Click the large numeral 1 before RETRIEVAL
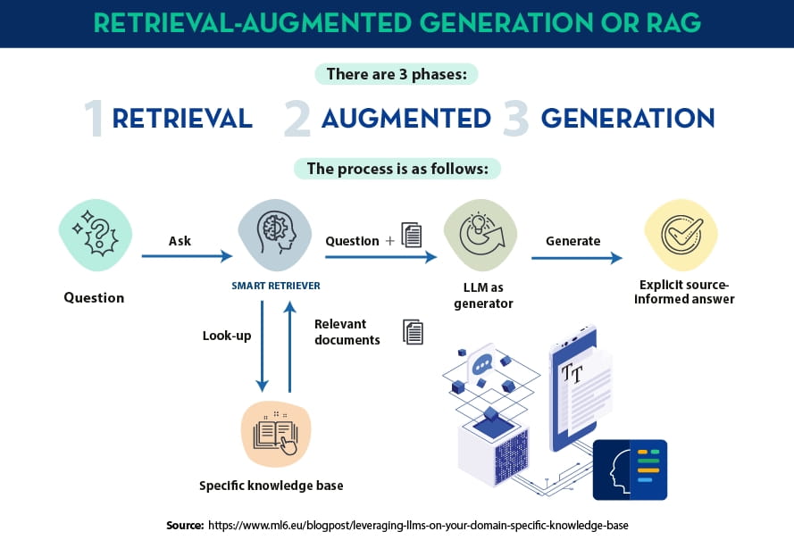coord(95,118)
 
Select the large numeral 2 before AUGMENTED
coord(297,119)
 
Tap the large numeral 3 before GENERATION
coord(515,119)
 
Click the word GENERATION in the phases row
coord(628,119)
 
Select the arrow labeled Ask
coord(187,256)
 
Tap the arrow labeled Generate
coord(577,258)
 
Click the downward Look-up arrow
coord(262,346)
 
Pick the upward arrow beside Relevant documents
coord(289,346)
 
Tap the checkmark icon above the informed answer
coord(681,235)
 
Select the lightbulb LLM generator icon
coord(481,235)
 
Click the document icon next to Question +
coord(412,235)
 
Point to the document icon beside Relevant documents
coord(414,332)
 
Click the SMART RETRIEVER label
coord(276,286)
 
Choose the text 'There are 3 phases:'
coord(397,74)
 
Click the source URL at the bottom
coord(418,526)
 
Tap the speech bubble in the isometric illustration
coord(481,364)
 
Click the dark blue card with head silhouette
coord(630,469)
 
